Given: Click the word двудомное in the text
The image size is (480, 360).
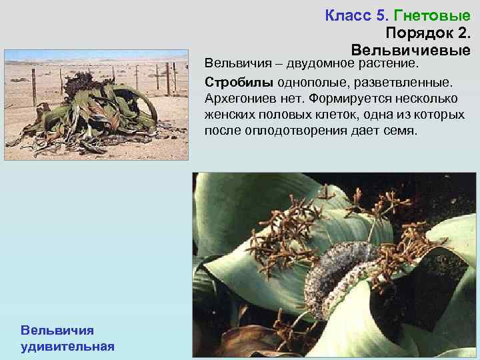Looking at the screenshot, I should [x=319, y=64].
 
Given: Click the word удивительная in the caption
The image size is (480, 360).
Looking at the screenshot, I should [x=67, y=346].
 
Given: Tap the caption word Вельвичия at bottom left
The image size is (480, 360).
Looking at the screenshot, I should [x=57, y=330].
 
